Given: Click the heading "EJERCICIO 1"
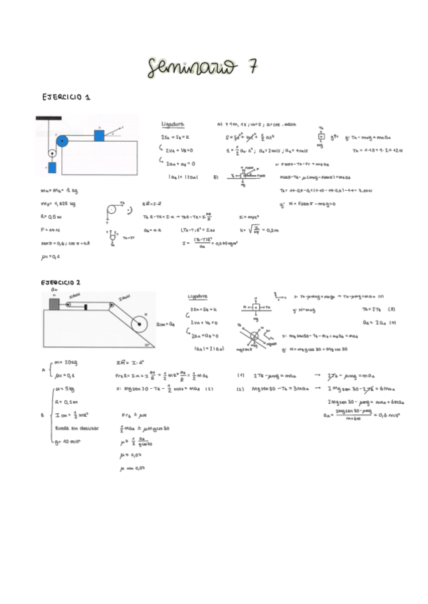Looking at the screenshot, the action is click(x=66, y=96).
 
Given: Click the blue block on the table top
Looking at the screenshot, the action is click(x=99, y=135).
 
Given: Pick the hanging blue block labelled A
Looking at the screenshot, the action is click(x=51, y=169).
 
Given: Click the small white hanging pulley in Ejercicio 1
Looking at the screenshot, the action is click(x=51, y=152).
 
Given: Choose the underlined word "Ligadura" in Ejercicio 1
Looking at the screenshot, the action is click(x=172, y=123).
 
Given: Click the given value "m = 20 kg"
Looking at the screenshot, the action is click(x=66, y=363).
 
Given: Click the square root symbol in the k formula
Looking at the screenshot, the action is click(x=250, y=229).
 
